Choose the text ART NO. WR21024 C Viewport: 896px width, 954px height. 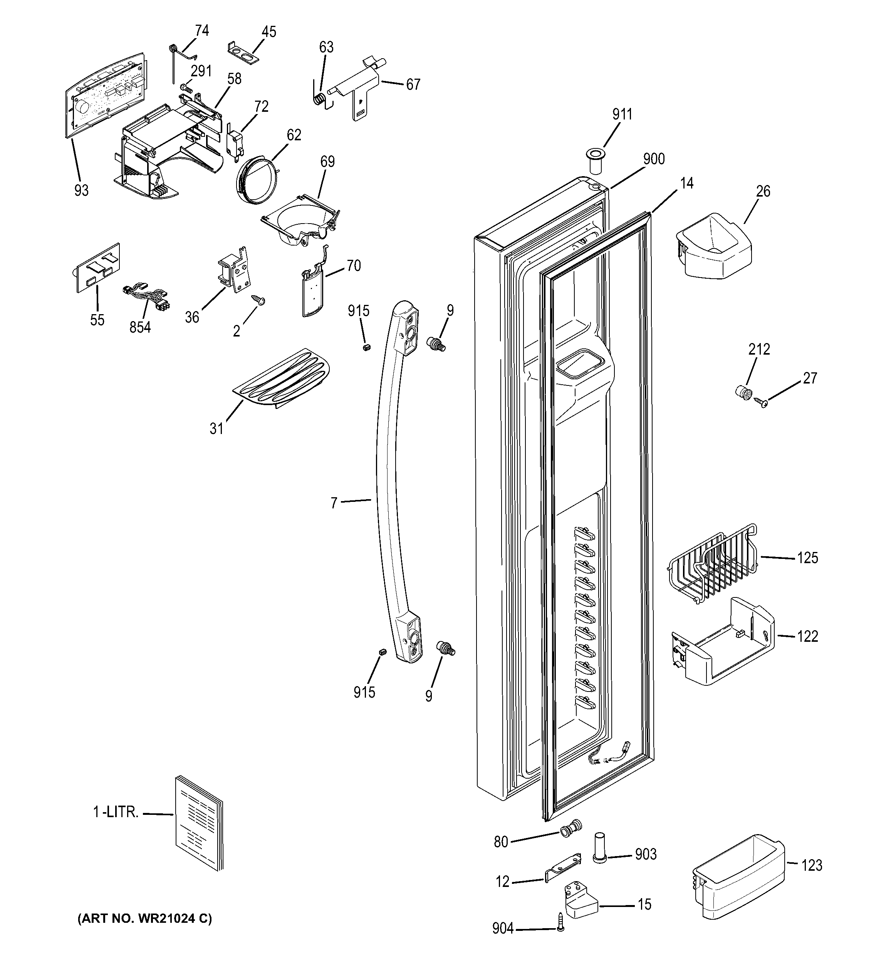coord(144,919)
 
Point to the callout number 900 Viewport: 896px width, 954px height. coord(654,159)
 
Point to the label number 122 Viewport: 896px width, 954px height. coord(807,636)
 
